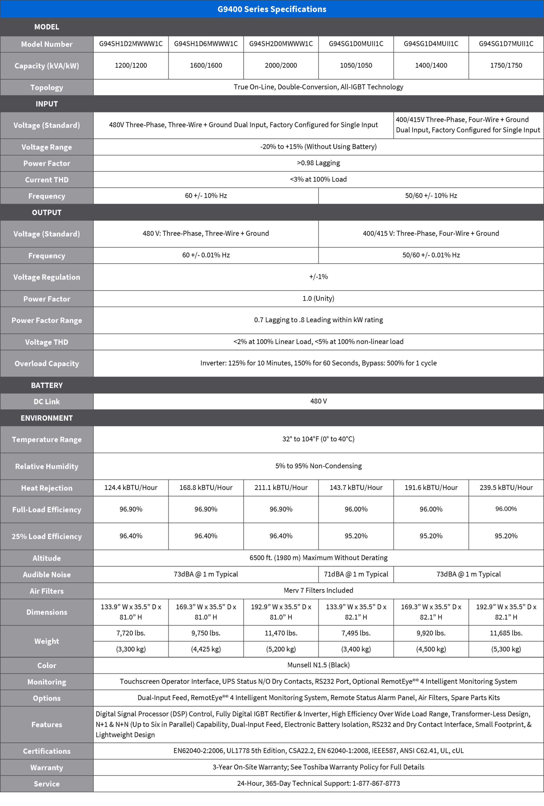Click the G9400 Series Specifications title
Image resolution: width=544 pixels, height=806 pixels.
pyautogui.click(x=272, y=9)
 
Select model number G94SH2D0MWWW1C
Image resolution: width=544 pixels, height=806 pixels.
pyautogui.click(x=281, y=44)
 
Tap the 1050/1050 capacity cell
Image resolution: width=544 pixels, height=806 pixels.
pyautogui.click(x=356, y=65)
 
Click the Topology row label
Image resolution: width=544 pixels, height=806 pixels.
pyautogui.click(x=47, y=88)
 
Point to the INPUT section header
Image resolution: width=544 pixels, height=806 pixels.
pyautogui.click(x=47, y=104)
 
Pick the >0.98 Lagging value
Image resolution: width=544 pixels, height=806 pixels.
pyautogui.click(x=318, y=163)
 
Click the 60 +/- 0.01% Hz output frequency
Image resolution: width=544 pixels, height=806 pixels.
pyautogui.click(x=206, y=255)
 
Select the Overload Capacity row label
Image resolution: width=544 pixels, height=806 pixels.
pyautogui.click(x=47, y=363)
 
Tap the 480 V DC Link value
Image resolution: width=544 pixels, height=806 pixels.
pyautogui.click(x=318, y=401)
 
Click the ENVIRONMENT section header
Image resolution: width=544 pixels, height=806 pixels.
pyautogui.click(x=47, y=418)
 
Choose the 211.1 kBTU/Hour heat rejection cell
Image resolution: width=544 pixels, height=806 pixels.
pyautogui.click(x=281, y=488)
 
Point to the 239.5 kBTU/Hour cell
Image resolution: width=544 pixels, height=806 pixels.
pyautogui.click(x=506, y=488)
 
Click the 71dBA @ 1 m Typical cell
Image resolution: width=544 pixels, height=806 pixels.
pyautogui.click(x=356, y=574)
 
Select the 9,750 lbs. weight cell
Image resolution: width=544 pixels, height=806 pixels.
pyautogui.click(x=206, y=633)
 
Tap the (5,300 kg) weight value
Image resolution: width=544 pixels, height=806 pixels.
pyautogui.click(x=506, y=649)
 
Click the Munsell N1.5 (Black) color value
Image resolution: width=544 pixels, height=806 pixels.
pyautogui.click(x=318, y=665)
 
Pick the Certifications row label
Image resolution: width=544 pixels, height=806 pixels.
pyautogui.click(x=47, y=751)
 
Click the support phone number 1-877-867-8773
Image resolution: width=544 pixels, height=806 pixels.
pyautogui.click(x=376, y=783)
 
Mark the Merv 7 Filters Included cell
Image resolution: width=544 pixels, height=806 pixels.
pyautogui.click(x=318, y=590)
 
